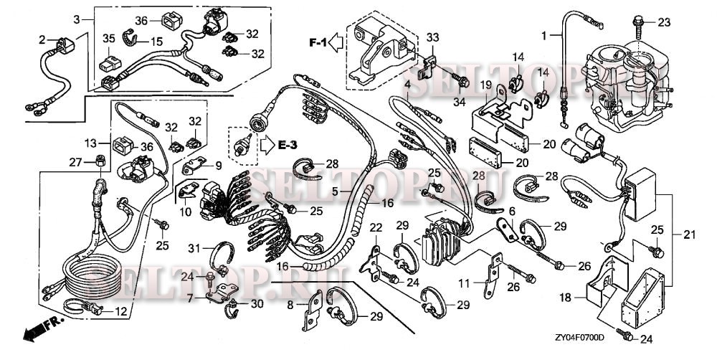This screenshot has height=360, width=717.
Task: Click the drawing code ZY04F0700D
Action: point(579,336)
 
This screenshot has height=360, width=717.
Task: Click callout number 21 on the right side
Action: point(688,234)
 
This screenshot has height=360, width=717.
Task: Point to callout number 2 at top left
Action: point(42,39)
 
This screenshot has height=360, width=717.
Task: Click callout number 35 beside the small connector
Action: point(109,38)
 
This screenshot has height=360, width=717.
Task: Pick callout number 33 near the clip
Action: point(432,37)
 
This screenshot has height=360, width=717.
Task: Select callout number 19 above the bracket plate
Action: point(485,85)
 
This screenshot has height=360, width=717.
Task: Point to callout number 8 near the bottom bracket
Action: point(290,304)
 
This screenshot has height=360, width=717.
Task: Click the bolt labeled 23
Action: point(637,22)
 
